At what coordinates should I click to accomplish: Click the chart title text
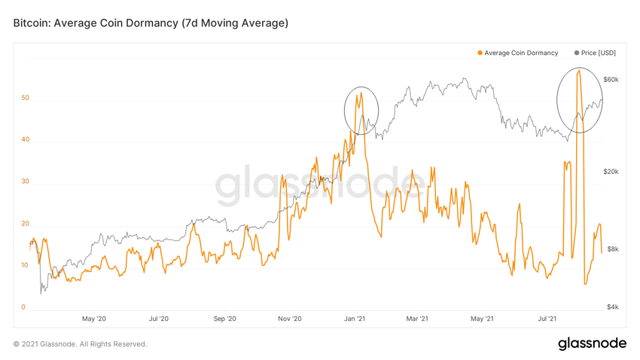point(151,23)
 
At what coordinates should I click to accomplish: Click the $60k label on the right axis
point(611,80)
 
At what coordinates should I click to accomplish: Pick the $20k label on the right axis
point(611,172)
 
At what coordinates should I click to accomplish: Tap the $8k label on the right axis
point(612,249)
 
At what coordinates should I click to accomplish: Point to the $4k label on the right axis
point(612,307)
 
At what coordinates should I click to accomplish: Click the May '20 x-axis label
point(93,319)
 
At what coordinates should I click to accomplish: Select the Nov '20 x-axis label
point(290,319)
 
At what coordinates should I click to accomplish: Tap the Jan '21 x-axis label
point(355,319)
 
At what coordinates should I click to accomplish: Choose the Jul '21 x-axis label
point(551,319)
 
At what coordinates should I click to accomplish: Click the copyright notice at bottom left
point(80,344)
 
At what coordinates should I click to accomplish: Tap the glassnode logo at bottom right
point(592,343)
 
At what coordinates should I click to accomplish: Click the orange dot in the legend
point(480,53)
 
